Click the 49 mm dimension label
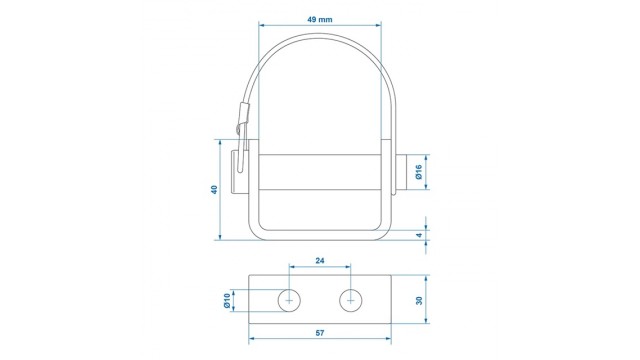[320, 19]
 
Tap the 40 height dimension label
[214, 189]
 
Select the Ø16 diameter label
[418, 172]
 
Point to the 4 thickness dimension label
[419, 236]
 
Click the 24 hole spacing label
[320, 260]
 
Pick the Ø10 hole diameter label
[227, 301]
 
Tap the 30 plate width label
[419, 300]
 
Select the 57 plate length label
[320, 333]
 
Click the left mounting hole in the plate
[289, 301]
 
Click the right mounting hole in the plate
[351, 301]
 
